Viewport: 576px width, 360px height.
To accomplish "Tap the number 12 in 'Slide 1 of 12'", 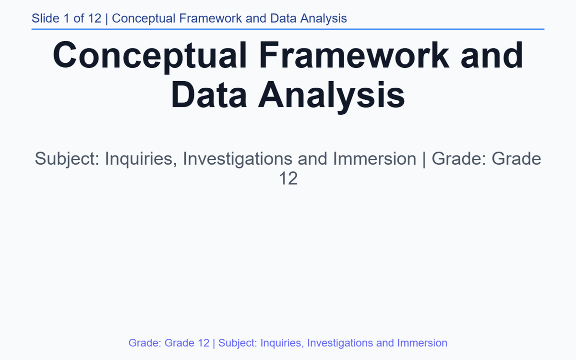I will tap(95, 19).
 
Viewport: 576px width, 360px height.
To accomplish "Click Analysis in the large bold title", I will tap(332, 95).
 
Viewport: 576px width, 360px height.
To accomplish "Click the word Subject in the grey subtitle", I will tap(66, 158).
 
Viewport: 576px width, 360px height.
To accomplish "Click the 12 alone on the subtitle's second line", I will tap(288, 179).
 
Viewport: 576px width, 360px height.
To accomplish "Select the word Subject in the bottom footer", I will tap(236, 343).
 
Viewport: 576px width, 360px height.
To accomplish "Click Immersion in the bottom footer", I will tap(422, 343).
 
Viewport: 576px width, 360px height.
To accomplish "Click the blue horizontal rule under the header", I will tap(288, 29).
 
